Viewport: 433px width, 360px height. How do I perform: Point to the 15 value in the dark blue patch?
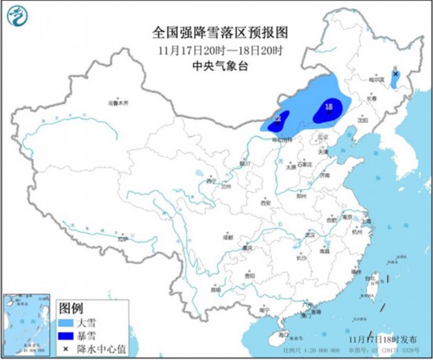(328, 106)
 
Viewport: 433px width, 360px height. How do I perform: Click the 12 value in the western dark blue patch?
(276, 119)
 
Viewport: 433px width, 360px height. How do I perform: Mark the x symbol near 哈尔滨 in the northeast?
(394, 74)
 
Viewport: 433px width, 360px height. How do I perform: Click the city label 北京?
(320, 140)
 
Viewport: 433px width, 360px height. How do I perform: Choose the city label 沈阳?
(363, 121)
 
